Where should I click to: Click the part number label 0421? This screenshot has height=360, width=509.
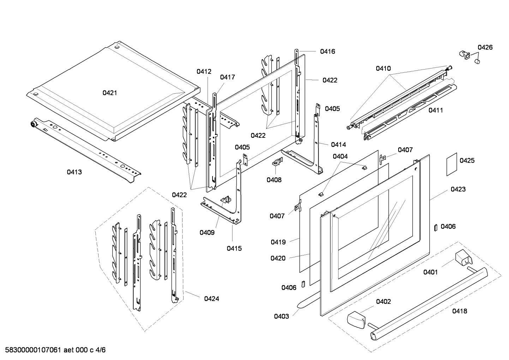110,93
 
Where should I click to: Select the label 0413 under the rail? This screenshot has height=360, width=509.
74,172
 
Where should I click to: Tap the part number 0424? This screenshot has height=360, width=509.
211,299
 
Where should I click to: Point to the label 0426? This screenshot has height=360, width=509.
485,47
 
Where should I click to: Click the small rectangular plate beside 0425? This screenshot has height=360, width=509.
451,164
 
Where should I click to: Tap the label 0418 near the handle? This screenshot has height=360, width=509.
459,311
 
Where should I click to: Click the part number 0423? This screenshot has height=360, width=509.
458,189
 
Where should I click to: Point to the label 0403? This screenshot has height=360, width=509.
281,316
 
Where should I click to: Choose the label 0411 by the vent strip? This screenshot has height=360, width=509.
436,110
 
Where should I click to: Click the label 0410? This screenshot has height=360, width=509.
383,68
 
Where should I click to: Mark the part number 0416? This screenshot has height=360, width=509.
328,52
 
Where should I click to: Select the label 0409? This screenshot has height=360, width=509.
207,232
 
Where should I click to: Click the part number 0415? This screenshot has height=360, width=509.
234,248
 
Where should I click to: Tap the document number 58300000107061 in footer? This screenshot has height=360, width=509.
32,350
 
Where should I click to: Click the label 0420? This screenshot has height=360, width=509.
278,258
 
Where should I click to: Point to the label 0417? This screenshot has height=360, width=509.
227,77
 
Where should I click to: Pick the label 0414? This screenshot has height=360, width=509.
338,144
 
